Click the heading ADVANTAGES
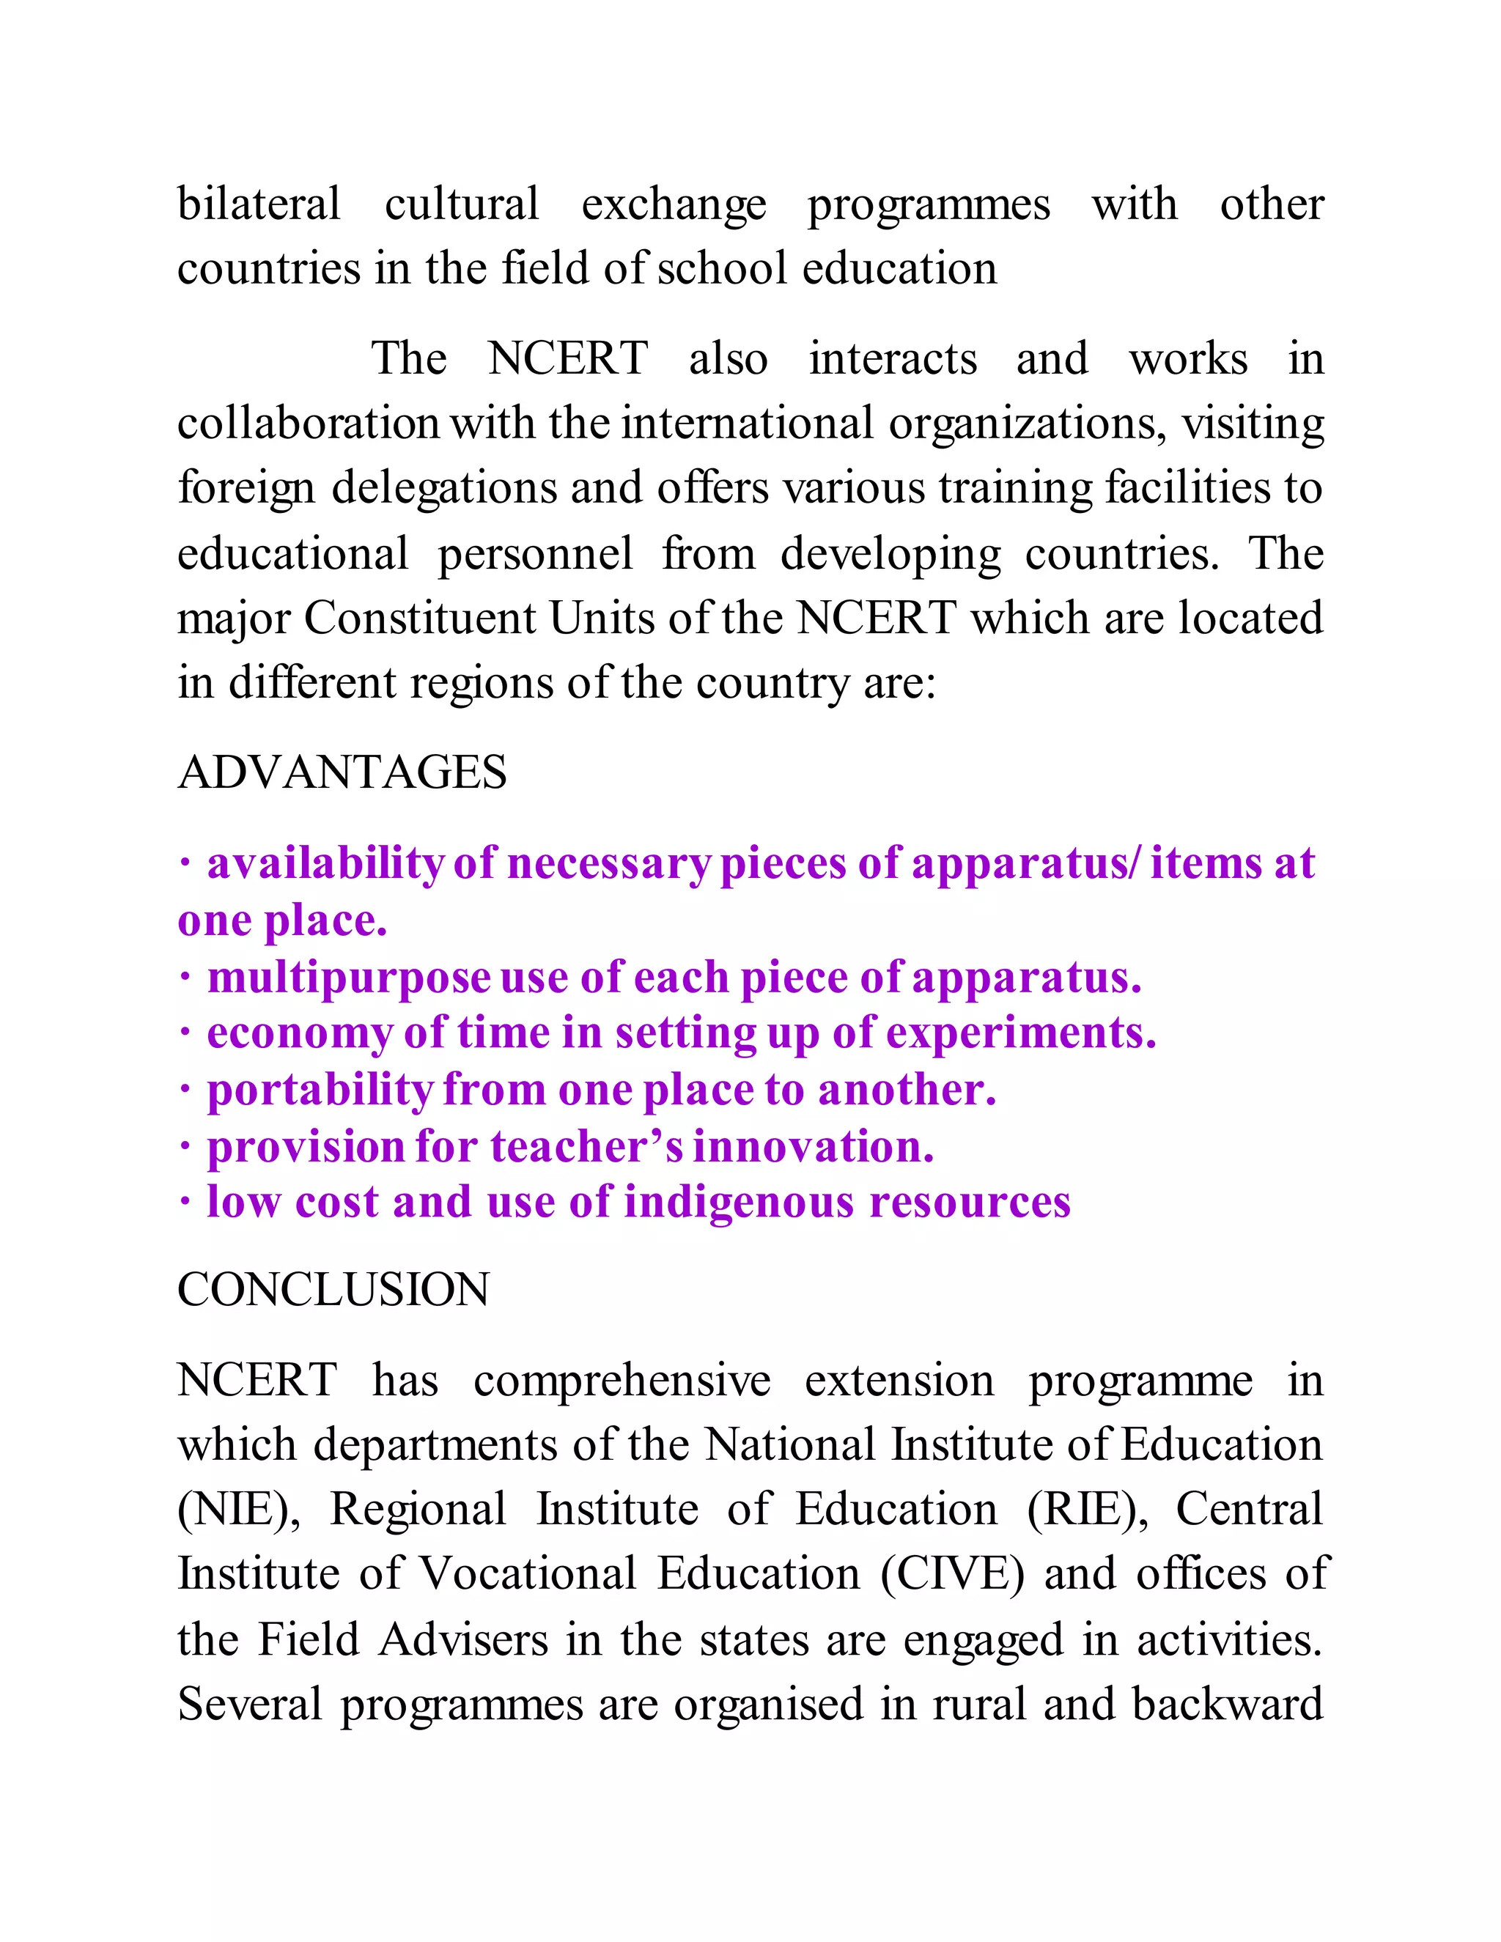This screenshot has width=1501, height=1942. [342, 772]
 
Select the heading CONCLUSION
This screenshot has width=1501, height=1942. [333, 1289]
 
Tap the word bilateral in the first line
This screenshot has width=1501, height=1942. [259, 204]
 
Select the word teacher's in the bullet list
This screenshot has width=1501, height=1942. [587, 1146]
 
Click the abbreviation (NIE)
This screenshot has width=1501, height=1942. [239, 1509]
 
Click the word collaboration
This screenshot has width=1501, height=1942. [308, 424]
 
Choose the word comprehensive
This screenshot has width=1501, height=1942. [622, 1381]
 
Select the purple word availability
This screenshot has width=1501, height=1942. [325, 864]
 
